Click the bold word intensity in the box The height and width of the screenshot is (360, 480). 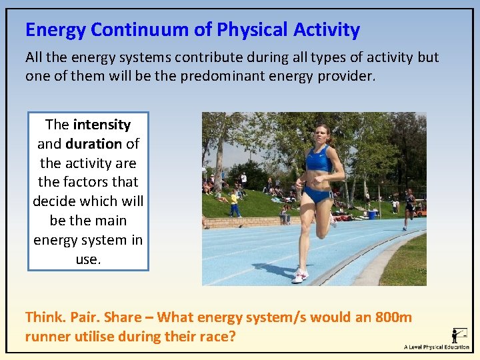[x=101, y=125]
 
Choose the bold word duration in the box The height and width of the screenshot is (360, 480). [x=93, y=144]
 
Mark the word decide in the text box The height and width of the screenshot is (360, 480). [x=55, y=201]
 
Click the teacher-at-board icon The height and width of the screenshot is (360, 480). [x=459, y=335]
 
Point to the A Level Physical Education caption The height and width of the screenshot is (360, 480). [x=437, y=347]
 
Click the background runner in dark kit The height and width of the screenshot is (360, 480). [x=409, y=206]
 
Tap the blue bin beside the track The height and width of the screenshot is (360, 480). [x=372, y=215]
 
